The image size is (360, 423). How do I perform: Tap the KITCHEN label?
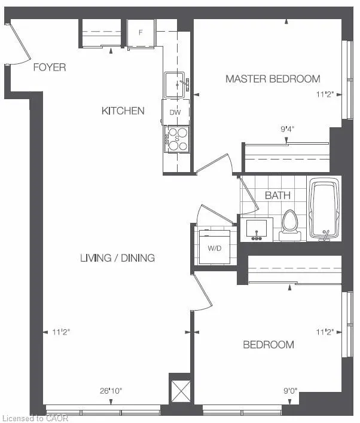click(123, 111)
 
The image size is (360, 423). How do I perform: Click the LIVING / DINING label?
click(117, 258)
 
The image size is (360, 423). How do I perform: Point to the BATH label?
click(277, 195)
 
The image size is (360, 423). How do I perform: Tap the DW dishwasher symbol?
click(175, 112)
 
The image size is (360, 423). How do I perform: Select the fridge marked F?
click(141, 32)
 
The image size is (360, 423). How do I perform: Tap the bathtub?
click(325, 209)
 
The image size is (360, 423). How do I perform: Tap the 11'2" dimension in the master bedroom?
click(329, 94)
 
